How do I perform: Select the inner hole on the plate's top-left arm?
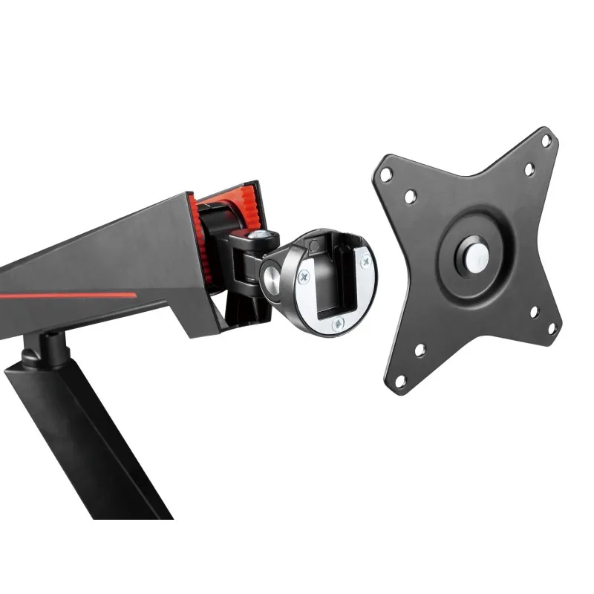pos(409,197)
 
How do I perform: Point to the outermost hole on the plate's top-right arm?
pos(546,140)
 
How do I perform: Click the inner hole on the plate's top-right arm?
pos(529,169)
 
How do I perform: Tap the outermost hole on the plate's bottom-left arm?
pos(401,380)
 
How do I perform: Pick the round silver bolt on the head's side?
pos(270,278)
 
